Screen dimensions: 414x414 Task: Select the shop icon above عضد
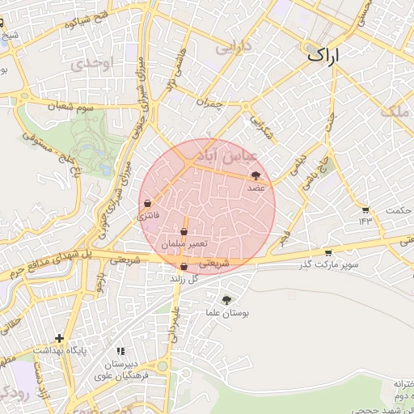256,175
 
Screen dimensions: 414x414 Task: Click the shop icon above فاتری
148,203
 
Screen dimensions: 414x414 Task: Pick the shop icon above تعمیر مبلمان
184,232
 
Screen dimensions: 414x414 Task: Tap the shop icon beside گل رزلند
184,267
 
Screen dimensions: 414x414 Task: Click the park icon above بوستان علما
226,300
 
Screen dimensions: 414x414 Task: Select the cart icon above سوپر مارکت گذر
327,252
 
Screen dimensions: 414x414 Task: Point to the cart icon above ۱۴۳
365,210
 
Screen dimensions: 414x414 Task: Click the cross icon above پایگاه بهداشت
59,338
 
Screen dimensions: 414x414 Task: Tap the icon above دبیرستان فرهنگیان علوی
121,351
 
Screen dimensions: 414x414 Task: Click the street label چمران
209,102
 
